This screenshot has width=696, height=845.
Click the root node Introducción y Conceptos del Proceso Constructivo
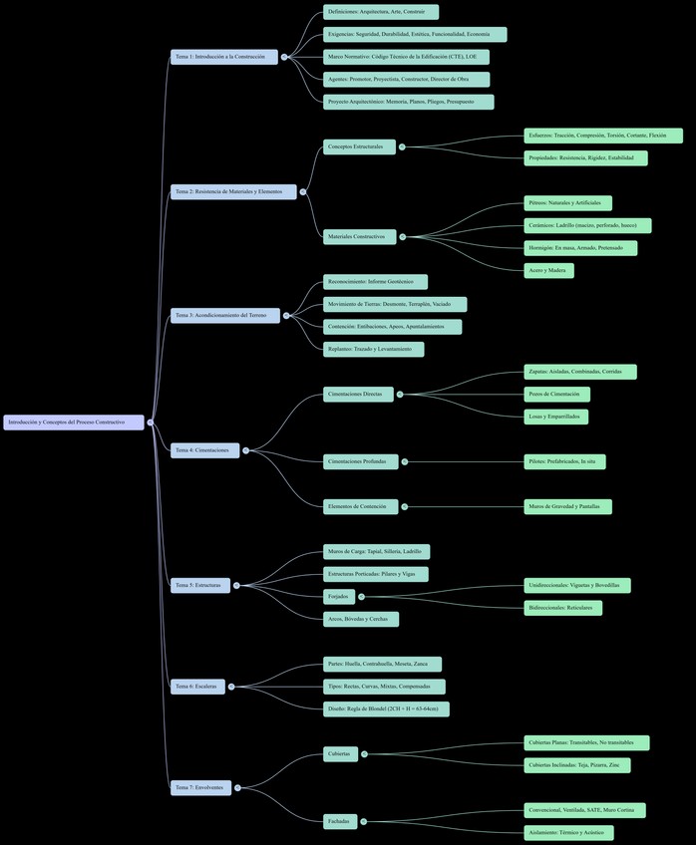[x=74, y=422]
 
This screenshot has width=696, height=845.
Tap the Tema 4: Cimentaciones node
[x=204, y=450]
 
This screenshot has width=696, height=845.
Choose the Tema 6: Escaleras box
[x=197, y=687]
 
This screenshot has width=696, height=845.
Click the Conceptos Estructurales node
[x=359, y=146]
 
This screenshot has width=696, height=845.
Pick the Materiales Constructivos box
[x=359, y=236]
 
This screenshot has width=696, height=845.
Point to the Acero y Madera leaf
[x=548, y=270]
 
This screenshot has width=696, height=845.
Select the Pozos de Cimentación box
[x=557, y=394]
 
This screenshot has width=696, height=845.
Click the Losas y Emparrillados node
[x=555, y=417]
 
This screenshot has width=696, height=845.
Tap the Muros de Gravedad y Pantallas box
[x=567, y=506]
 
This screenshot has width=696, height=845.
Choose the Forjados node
[x=338, y=597]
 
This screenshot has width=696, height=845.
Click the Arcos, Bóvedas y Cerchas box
[x=360, y=619]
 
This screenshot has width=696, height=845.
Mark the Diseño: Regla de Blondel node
[x=386, y=709]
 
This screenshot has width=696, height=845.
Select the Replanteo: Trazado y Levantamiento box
[x=373, y=349]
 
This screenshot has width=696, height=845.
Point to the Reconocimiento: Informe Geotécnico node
[x=375, y=282]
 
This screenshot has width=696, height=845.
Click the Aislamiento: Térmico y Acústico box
[x=568, y=832]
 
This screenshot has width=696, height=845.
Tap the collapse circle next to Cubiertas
[x=364, y=754]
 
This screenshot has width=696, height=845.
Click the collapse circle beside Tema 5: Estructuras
[x=236, y=585]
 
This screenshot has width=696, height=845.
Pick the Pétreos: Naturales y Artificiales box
[x=567, y=203]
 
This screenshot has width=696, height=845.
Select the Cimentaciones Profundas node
[x=360, y=461]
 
